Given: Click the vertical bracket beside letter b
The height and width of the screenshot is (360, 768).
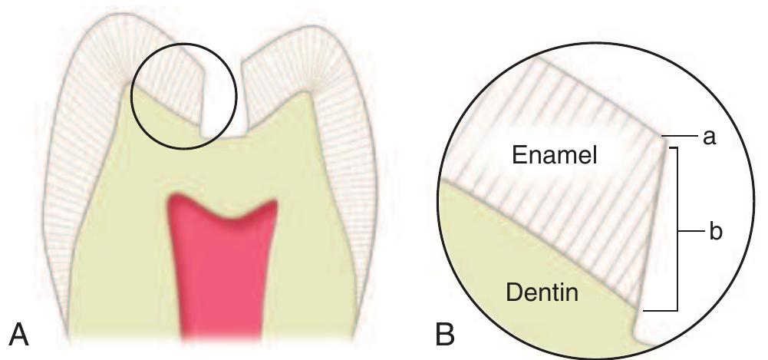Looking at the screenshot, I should tap(676, 230).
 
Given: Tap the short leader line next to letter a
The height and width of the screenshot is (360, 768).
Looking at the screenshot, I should tap(681, 136).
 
